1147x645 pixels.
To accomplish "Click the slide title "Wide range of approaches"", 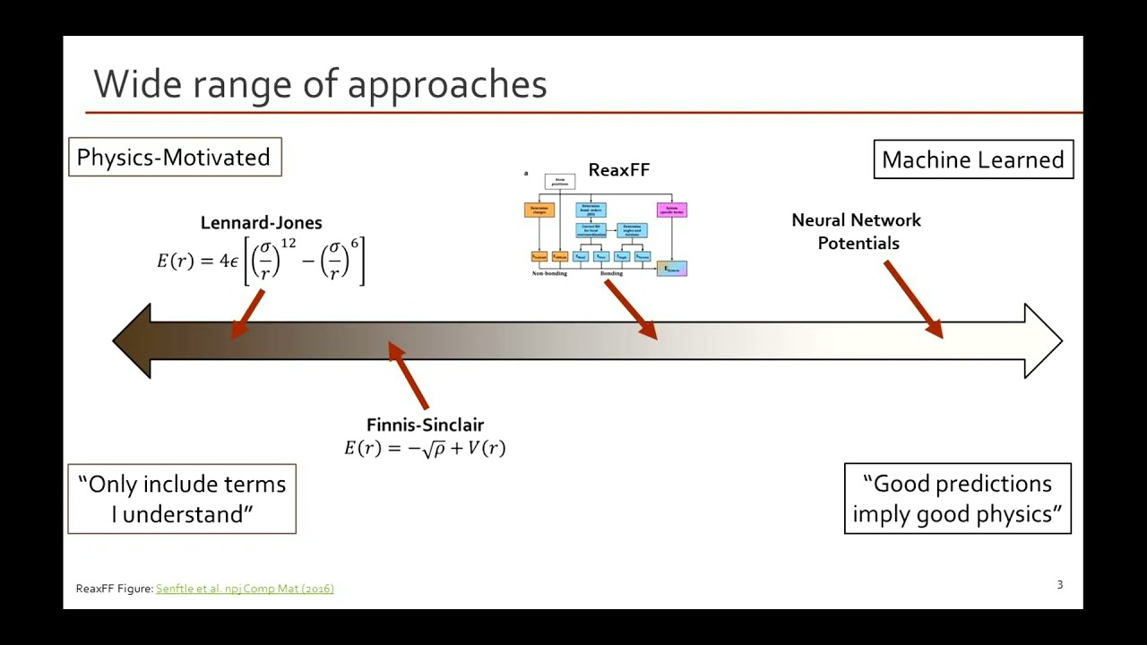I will [x=320, y=84].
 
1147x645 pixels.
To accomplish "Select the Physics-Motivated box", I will [x=174, y=157].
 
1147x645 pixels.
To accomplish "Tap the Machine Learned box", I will [x=972, y=159].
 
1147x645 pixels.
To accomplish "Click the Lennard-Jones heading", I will [x=261, y=223].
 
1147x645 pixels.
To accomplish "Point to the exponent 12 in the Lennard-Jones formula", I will [x=288, y=245].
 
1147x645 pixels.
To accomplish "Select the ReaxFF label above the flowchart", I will [x=618, y=170].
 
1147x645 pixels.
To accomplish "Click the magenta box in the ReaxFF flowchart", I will [x=671, y=210].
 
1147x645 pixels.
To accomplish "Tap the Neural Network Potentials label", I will [x=857, y=231].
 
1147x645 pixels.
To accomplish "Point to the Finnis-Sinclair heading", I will [x=425, y=425].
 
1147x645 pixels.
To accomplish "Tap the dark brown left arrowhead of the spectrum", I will [x=134, y=340].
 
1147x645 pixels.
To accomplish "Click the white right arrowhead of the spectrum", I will [x=1042, y=340].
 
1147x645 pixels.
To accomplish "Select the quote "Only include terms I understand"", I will [x=182, y=499].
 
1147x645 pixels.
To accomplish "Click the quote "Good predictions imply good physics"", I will [x=957, y=498].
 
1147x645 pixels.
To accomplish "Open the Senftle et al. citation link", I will [x=245, y=589].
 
